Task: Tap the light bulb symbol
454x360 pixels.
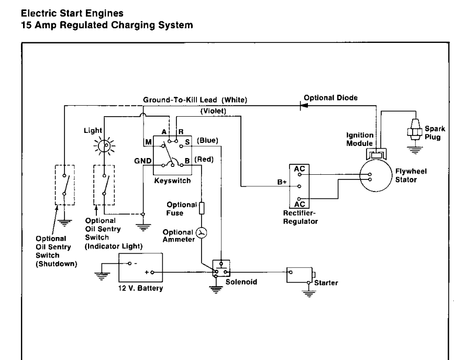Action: click(104, 145)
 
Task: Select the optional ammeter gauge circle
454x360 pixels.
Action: click(201, 233)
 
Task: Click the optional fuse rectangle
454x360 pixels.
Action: click(202, 208)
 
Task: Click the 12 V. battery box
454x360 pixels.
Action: click(141, 268)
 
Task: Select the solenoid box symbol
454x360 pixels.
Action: click(221, 269)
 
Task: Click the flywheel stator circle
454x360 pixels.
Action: click(375, 175)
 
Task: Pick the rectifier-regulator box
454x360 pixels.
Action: click(299, 186)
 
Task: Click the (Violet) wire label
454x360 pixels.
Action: click(213, 111)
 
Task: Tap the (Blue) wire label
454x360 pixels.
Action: click(207, 141)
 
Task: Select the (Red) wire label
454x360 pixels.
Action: click(204, 160)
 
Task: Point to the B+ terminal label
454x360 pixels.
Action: click(282, 182)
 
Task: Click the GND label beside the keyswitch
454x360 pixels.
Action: click(143, 161)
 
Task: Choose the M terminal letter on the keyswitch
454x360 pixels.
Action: click(148, 142)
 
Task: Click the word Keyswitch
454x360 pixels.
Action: click(173, 181)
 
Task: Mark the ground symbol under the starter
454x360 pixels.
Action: click(309, 294)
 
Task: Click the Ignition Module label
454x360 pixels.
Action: click(360, 139)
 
